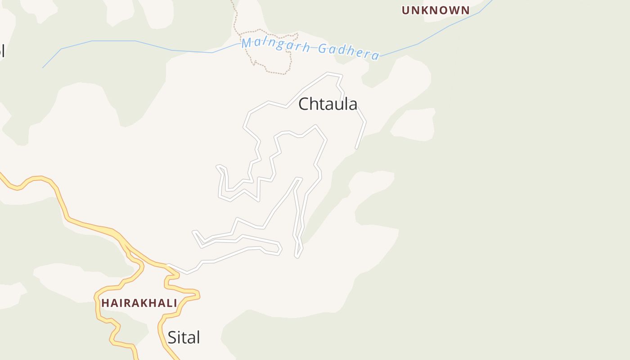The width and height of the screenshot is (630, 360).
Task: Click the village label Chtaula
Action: pyautogui.click(x=328, y=104)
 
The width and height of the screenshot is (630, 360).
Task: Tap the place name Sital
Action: pyautogui.click(x=184, y=337)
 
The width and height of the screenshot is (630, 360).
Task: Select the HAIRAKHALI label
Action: pyautogui.click(x=139, y=303)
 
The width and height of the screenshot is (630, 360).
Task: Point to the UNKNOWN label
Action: pyautogui.click(x=435, y=10)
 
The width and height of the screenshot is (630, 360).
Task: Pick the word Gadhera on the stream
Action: pyautogui.click(x=349, y=51)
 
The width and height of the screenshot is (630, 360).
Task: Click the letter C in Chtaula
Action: pyautogui.click(x=304, y=104)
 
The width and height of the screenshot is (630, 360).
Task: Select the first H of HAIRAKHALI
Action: pyautogui.click(x=105, y=303)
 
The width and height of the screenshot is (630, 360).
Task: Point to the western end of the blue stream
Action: pyautogui.click(x=43, y=67)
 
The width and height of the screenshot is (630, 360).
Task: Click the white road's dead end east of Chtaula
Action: pyautogui.click(x=356, y=147)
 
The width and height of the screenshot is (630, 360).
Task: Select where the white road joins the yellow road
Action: pyautogui.click(x=168, y=265)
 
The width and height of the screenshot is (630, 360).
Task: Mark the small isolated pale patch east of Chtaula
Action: pyautogui.click(x=413, y=123)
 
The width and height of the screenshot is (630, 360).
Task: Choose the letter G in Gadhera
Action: pyautogui.click(x=322, y=49)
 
